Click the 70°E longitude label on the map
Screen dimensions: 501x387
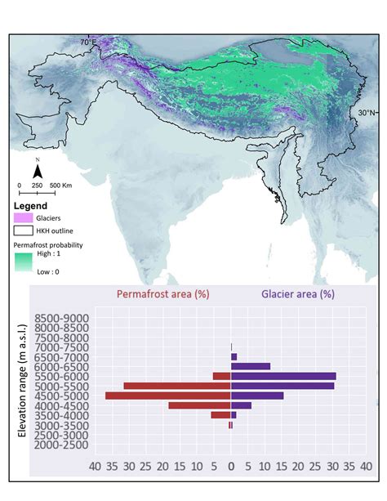(88, 42)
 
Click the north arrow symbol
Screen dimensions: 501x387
(37, 171)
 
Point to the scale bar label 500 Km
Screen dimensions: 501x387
(61, 186)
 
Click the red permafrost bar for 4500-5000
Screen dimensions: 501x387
(167, 396)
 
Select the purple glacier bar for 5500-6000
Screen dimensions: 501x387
(283, 376)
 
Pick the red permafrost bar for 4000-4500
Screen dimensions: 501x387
(199, 405)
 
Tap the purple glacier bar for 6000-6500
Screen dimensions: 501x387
(251, 366)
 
